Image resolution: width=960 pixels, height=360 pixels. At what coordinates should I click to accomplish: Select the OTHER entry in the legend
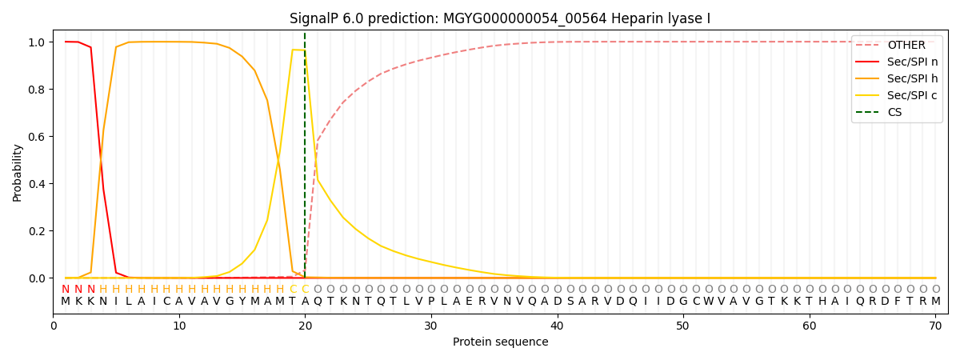[x=906, y=46]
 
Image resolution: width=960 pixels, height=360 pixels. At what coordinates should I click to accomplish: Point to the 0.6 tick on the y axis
[x=37, y=137]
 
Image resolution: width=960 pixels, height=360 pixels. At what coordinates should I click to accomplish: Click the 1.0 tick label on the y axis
[x=37, y=42]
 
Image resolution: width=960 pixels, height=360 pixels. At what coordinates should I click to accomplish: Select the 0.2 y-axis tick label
[x=37, y=231]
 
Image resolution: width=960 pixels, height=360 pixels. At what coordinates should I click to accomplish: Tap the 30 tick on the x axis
[x=431, y=326]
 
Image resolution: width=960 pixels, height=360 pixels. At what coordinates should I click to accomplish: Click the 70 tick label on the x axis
[x=935, y=326]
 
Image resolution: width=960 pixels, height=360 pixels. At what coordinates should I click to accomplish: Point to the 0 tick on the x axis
[x=54, y=326]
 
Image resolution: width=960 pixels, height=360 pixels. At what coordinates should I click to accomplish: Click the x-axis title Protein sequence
[x=500, y=342]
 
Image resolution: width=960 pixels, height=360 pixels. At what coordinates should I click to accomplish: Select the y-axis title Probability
[x=18, y=173]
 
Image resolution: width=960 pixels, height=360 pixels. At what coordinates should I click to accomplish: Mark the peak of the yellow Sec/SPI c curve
[x=293, y=50]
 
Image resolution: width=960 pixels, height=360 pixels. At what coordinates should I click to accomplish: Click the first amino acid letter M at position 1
[x=66, y=302]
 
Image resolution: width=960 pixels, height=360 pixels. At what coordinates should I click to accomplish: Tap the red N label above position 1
[x=66, y=290]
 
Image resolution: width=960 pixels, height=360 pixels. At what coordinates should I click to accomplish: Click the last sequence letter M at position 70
[x=935, y=302]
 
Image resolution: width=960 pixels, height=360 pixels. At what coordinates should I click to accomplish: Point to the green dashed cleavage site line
[x=305, y=160]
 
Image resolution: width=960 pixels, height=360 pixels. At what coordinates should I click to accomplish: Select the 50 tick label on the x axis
[x=683, y=326]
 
